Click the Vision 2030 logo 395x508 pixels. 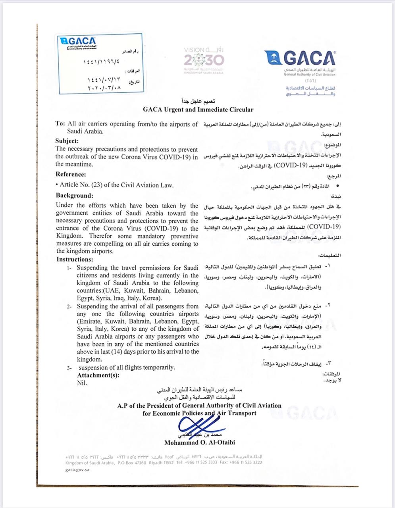click(x=204, y=60)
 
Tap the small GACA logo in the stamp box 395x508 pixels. click(x=77, y=41)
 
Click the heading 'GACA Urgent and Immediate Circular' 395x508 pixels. click(x=198, y=110)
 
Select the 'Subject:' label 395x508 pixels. click(x=67, y=140)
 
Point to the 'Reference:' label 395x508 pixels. click(x=71, y=174)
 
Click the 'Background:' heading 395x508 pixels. click(x=74, y=195)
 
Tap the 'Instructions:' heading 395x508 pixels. click(x=75, y=259)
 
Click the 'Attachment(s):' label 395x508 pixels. click(x=98, y=375)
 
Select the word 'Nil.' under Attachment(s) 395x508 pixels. click(x=82, y=383)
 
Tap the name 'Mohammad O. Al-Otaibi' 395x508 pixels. click(x=199, y=442)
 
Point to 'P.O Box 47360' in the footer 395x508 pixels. click(x=132, y=462)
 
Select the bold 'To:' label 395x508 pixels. click(x=60, y=124)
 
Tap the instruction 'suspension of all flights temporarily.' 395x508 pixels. click(x=126, y=368)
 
